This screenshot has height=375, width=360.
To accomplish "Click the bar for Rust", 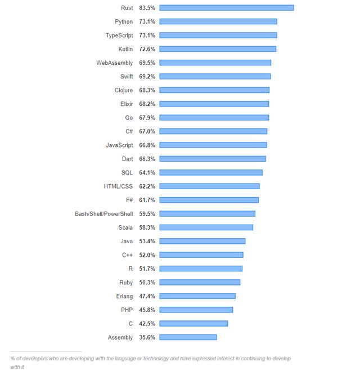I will click(226, 8).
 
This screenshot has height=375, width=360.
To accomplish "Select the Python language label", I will click(124, 21).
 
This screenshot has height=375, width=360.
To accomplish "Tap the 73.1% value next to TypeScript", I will click(147, 35).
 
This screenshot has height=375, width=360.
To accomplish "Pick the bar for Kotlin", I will click(218, 49).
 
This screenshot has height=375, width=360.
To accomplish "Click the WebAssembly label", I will click(115, 62).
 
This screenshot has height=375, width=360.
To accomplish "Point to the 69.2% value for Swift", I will click(147, 77).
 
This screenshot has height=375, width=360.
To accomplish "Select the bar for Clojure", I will click(214, 90).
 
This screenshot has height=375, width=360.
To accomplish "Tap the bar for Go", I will click(214, 118).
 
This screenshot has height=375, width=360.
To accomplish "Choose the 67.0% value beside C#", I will click(147, 131).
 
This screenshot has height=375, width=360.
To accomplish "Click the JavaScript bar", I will click(213, 145).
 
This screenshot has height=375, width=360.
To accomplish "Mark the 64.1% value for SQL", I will click(147, 172).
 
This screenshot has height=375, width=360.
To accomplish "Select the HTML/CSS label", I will click(118, 186).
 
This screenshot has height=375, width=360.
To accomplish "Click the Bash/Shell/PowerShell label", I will click(104, 213).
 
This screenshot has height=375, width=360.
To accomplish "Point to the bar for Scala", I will click(206, 227).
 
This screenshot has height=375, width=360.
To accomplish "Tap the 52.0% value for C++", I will click(147, 255).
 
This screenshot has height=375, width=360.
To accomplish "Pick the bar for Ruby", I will click(200, 282).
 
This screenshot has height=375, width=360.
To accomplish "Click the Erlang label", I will click(124, 296).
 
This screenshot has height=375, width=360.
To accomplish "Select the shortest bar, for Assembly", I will click(188, 337).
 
